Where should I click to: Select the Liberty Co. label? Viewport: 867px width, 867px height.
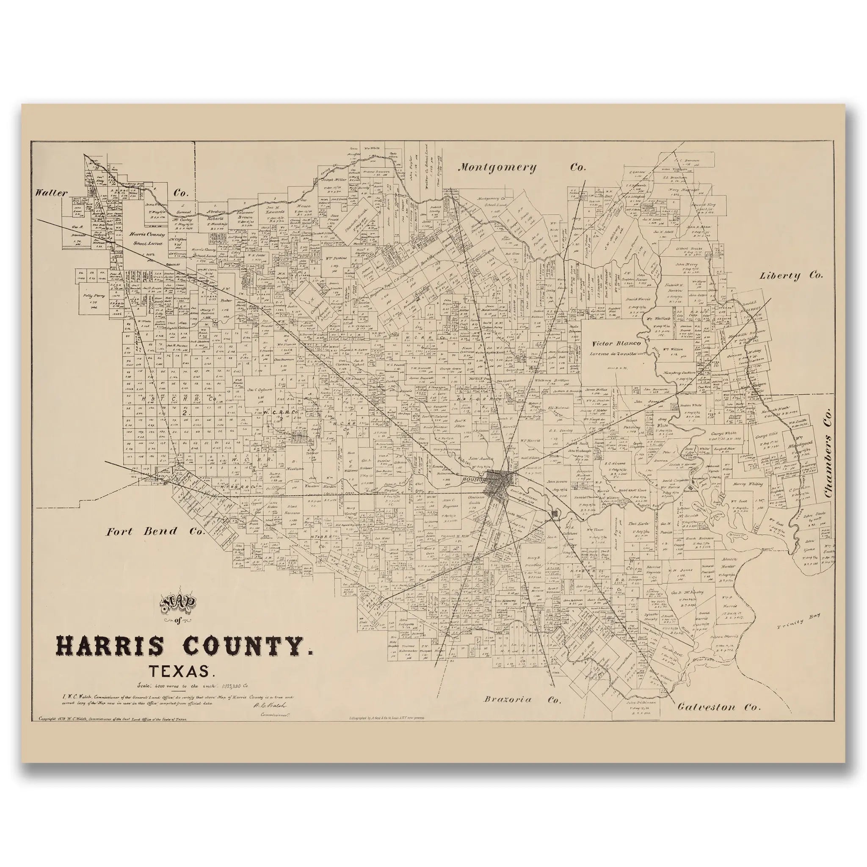(x=791, y=276)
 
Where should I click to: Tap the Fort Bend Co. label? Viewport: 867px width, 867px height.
(x=155, y=532)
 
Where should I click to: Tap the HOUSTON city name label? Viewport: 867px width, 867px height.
(x=474, y=479)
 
